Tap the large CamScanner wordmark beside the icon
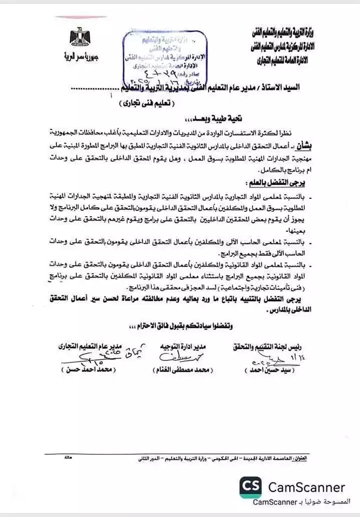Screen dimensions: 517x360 coord(306,487)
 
